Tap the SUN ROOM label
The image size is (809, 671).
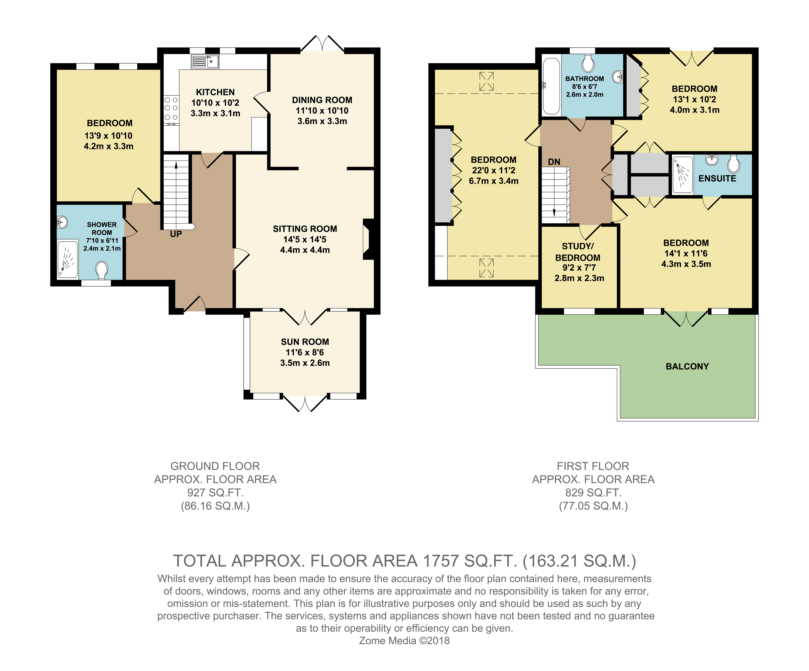tap(305, 342)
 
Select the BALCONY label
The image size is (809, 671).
tap(687, 366)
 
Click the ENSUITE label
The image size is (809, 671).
tap(717, 179)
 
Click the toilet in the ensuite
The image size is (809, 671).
tap(733, 164)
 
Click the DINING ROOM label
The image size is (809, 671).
tap(322, 100)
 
